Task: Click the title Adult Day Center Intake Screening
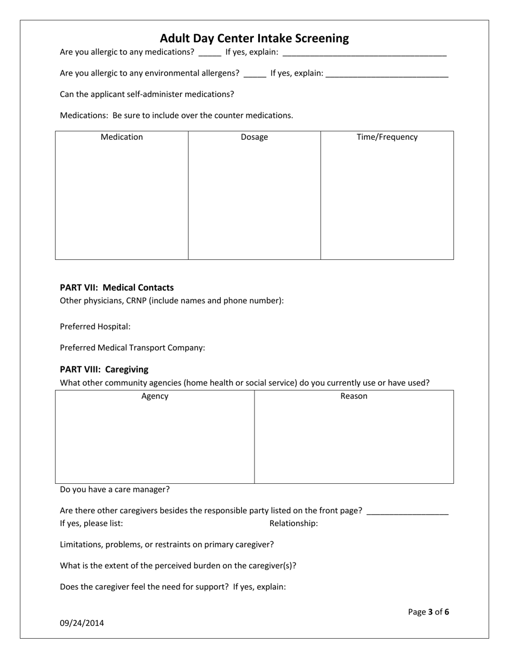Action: [254, 39]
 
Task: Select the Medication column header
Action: [122, 137]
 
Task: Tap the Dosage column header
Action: [254, 137]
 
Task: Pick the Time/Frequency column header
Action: [387, 137]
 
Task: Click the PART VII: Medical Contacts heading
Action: [117, 288]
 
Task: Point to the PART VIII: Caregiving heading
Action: [104, 370]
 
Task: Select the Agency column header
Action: [155, 396]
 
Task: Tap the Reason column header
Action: [354, 396]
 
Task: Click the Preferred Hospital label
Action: [95, 327]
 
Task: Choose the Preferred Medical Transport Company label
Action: [132, 348]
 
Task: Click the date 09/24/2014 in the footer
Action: [82, 623]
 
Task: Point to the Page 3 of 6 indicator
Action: [428, 612]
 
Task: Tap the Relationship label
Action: [294, 523]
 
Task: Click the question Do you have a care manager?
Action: [115, 490]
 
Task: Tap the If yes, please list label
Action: [91, 523]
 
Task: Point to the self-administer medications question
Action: [147, 94]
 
